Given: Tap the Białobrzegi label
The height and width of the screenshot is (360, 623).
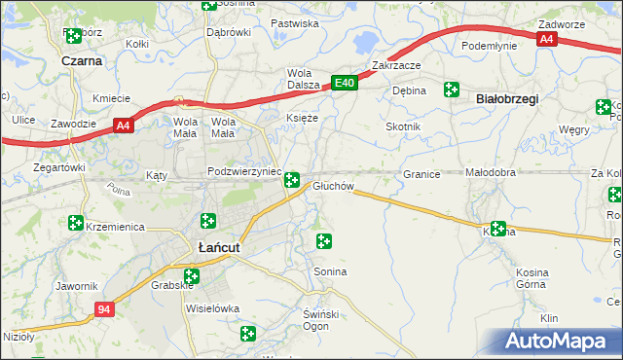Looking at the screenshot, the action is point(506,99).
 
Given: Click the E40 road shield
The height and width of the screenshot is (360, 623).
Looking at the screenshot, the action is point(345,85).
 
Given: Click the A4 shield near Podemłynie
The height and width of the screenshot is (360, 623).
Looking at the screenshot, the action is point(547,39).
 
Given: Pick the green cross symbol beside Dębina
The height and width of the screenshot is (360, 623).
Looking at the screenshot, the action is point(451,90).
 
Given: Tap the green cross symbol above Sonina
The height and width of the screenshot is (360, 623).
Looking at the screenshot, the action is point(324,240).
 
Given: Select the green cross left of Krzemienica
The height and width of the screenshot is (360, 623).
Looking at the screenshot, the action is point(76,223).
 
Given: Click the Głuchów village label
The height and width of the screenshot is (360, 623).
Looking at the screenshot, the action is point(333,186).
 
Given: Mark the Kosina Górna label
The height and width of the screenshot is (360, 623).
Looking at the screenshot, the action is point(546,277).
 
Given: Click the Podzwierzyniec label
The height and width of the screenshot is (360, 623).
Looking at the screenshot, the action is point(244,171).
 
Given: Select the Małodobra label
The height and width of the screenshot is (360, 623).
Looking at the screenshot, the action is point(490,173).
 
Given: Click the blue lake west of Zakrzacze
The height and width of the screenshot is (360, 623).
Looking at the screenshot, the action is point(366,43).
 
